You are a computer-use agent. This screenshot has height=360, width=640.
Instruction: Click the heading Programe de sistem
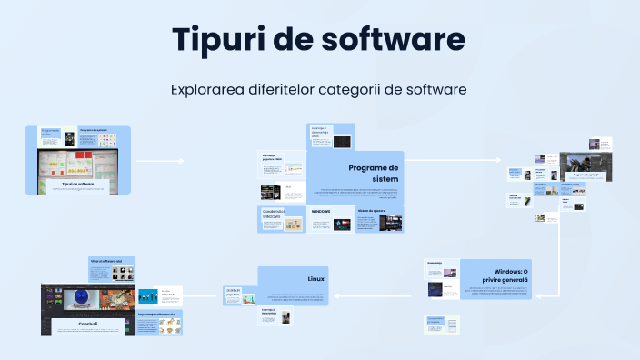pyautogui.click(x=374, y=173)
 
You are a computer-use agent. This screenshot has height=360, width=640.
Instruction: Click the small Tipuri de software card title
pyautogui.click(x=78, y=184)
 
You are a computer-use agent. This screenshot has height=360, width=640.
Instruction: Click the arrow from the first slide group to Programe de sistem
pyautogui.click(x=159, y=161)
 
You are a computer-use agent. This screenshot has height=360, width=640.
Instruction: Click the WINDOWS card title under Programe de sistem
pyautogui.click(x=321, y=211)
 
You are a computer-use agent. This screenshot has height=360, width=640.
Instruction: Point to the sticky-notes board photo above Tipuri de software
pyautogui.click(x=78, y=165)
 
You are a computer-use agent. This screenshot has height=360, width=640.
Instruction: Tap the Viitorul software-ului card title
pyautogui.click(x=109, y=261)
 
